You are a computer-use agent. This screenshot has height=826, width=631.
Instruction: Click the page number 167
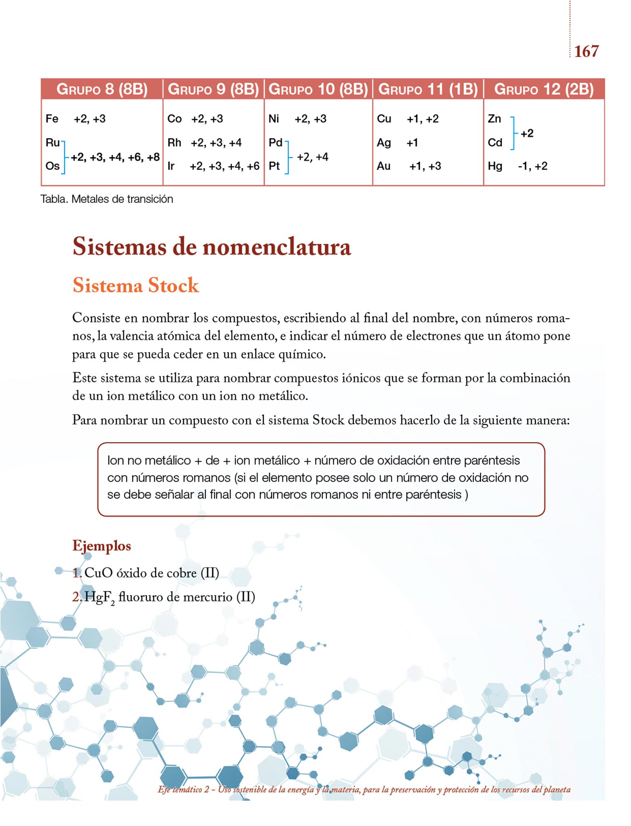(x=586, y=51)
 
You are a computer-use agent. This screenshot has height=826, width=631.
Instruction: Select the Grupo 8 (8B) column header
(x=102, y=89)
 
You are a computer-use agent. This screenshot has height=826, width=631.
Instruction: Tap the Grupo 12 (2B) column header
(x=543, y=89)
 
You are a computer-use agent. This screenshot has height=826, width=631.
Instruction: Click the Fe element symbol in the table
(x=52, y=119)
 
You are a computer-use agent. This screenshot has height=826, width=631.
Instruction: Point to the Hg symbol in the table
(x=495, y=166)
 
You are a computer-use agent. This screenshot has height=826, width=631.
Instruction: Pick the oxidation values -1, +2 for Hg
(x=533, y=166)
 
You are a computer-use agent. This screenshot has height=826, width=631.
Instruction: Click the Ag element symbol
(x=384, y=143)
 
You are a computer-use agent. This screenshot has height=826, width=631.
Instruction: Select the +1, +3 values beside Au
(x=425, y=166)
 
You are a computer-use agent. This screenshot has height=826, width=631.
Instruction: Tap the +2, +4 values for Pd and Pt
(x=312, y=157)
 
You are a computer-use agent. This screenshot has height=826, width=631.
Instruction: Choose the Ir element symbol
(x=171, y=166)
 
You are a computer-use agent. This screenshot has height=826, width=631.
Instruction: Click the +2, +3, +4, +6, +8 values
(x=115, y=157)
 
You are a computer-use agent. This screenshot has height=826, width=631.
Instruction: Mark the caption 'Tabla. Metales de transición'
(x=107, y=199)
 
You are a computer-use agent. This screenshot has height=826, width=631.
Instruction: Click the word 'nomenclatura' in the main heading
(x=276, y=247)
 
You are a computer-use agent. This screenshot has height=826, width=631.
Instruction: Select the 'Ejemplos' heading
(x=102, y=546)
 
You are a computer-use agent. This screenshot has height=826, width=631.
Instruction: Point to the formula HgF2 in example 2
(x=99, y=598)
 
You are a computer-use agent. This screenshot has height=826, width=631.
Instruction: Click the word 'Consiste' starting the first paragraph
(x=96, y=318)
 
